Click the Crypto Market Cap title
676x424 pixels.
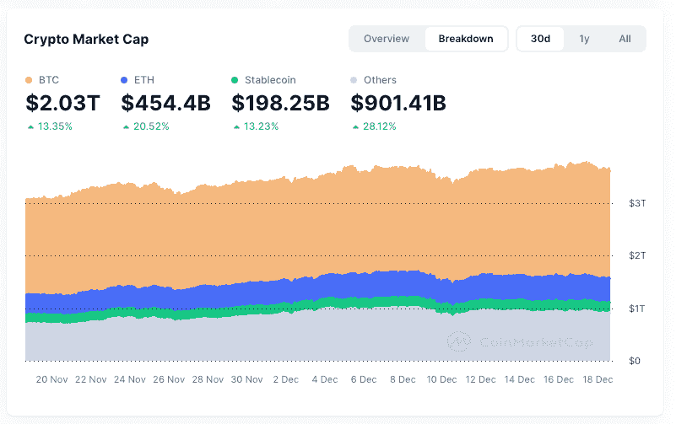click(x=86, y=39)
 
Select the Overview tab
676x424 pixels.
click(x=387, y=39)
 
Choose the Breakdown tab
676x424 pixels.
click(x=466, y=39)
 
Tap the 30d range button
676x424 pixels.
click(x=540, y=39)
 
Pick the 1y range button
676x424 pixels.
click(x=584, y=39)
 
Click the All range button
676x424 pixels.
click(x=625, y=39)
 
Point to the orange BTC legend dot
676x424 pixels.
click(x=30, y=80)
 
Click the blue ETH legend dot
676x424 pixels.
click(x=125, y=80)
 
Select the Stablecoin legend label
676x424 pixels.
click(x=271, y=80)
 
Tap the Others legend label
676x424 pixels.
click(x=380, y=80)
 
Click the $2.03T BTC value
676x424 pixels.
click(x=62, y=104)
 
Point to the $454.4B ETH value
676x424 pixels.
click(x=165, y=104)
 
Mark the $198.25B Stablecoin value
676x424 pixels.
click(x=280, y=104)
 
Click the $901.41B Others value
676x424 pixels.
click(x=398, y=104)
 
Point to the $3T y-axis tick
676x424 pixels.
click(x=637, y=203)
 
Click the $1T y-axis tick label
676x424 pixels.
click(x=637, y=309)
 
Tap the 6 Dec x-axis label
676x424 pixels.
click(x=363, y=379)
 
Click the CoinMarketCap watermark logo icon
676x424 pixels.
click(x=459, y=341)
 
